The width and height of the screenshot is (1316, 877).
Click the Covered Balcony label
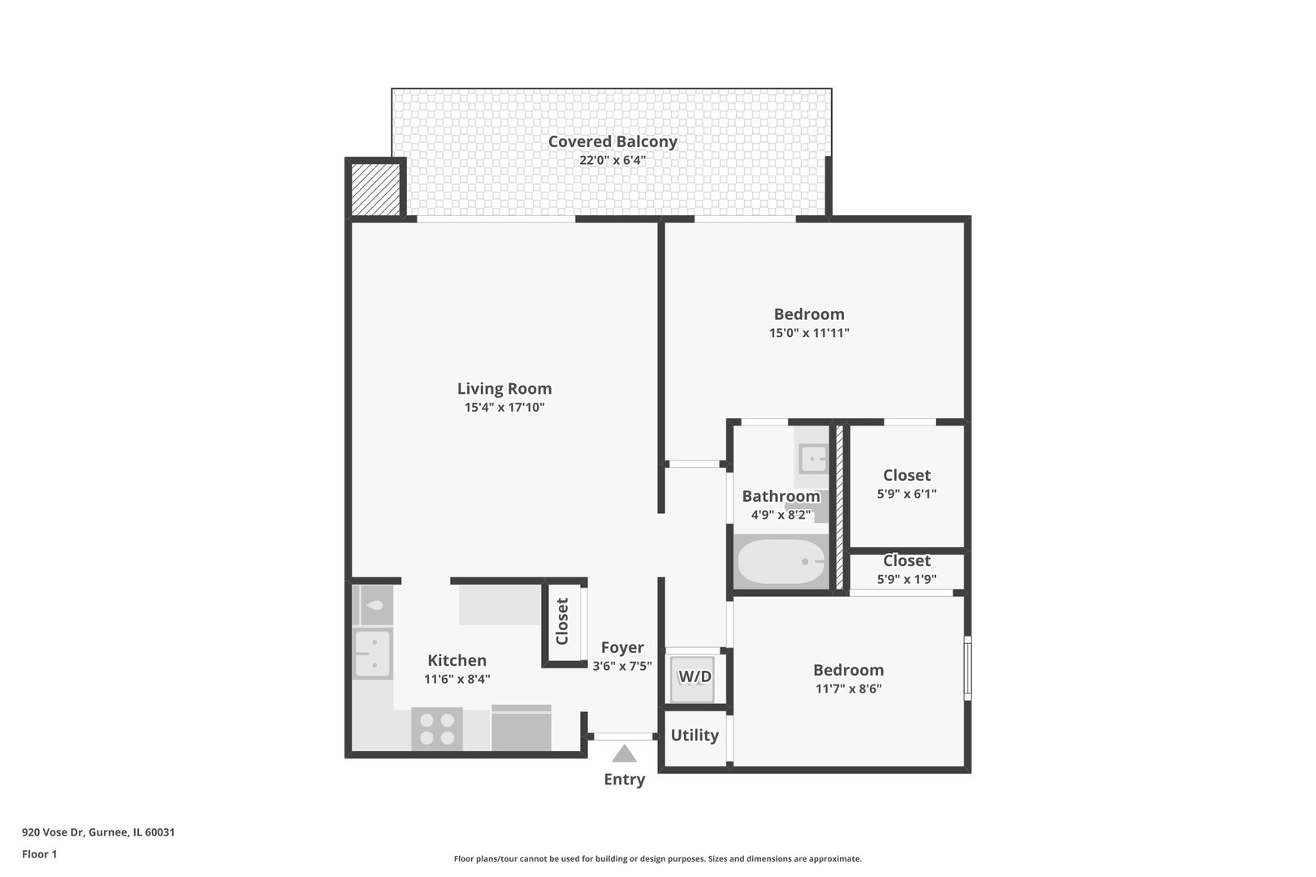click(x=613, y=141)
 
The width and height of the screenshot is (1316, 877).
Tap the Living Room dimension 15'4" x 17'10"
click(x=504, y=408)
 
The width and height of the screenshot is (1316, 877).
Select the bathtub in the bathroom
click(x=781, y=561)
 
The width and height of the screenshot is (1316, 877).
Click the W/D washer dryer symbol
click(x=694, y=677)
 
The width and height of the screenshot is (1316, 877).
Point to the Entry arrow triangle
click(x=624, y=754)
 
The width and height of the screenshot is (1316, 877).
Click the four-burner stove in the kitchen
click(x=437, y=728)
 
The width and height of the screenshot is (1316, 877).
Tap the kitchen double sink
click(x=373, y=655)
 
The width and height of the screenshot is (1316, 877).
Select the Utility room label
click(x=695, y=736)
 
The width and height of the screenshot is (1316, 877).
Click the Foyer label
click(x=622, y=648)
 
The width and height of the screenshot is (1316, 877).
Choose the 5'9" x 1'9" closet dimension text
click(x=907, y=580)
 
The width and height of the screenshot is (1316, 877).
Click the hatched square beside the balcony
click(x=375, y=189)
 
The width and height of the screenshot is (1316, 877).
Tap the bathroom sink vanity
click(x=812, y=460)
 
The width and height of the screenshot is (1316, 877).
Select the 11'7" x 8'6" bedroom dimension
click(x=849, y=689)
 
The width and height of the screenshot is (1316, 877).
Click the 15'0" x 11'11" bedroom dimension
click(x=809, y=333)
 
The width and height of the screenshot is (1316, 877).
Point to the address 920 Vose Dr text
click(x=98, y=832)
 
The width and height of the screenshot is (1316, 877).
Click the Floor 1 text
click(x=40, y=854)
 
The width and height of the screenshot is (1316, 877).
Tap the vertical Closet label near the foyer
click(x=562, y=621)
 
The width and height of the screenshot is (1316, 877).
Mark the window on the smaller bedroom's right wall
click(x=968, y=667)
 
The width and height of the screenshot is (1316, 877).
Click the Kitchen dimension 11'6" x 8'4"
click(x=457, y=680)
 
